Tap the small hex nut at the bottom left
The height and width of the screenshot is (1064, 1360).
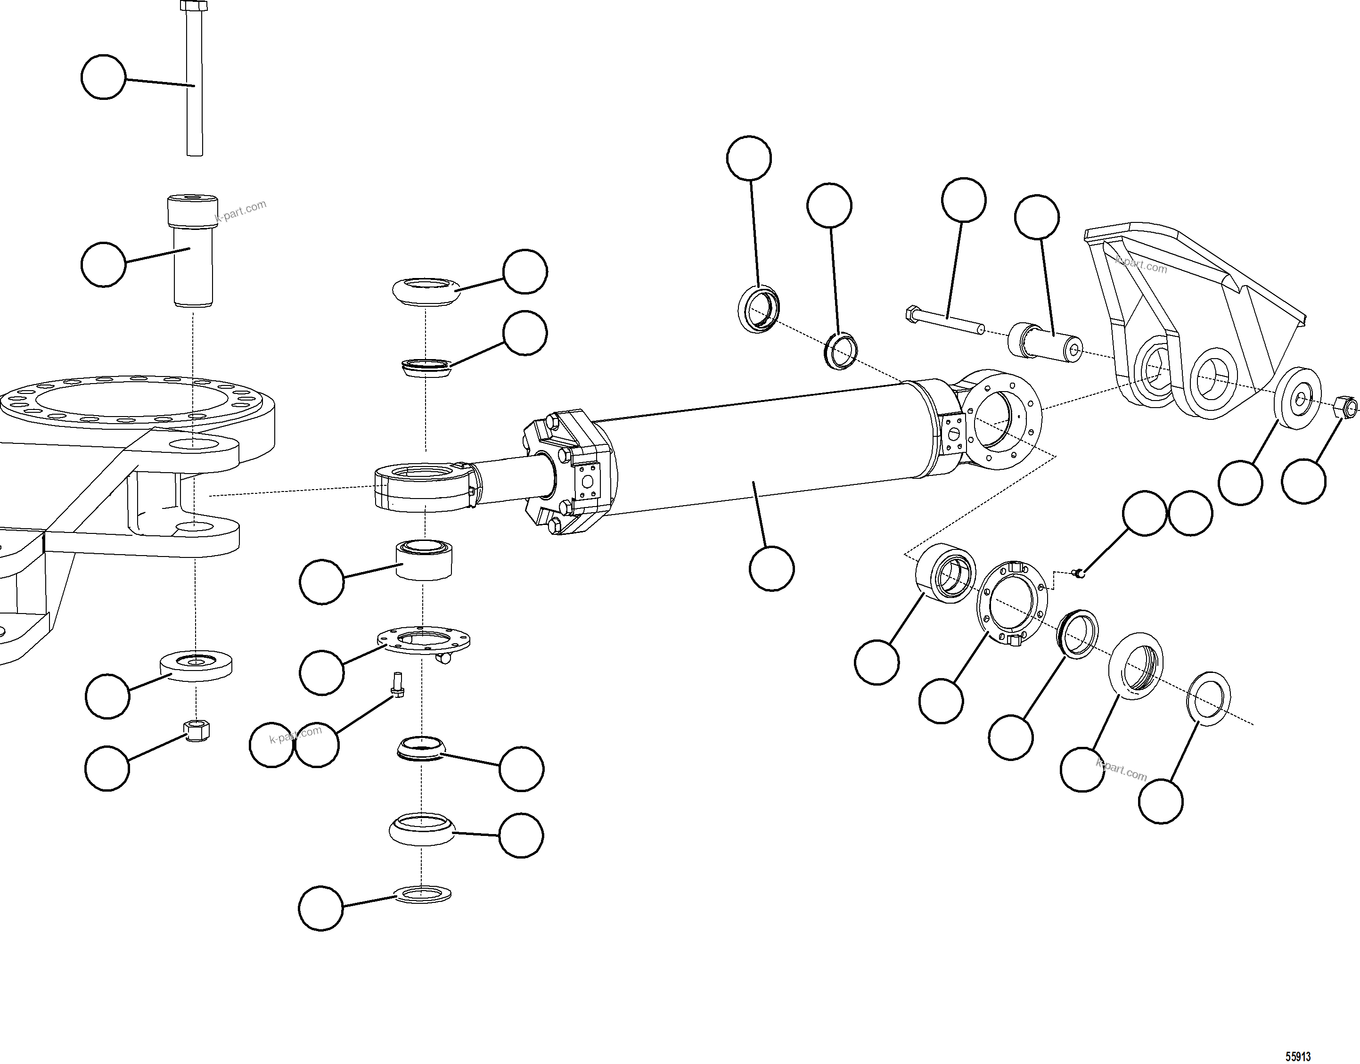[x=197, y=731]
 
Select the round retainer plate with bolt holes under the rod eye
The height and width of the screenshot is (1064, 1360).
[x=424, y=640]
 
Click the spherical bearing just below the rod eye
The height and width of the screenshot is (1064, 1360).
[x=424, y=561]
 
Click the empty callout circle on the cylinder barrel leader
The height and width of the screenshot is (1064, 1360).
[x=771, y=568]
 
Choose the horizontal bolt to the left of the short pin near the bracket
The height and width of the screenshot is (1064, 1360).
[x=944, y=320]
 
